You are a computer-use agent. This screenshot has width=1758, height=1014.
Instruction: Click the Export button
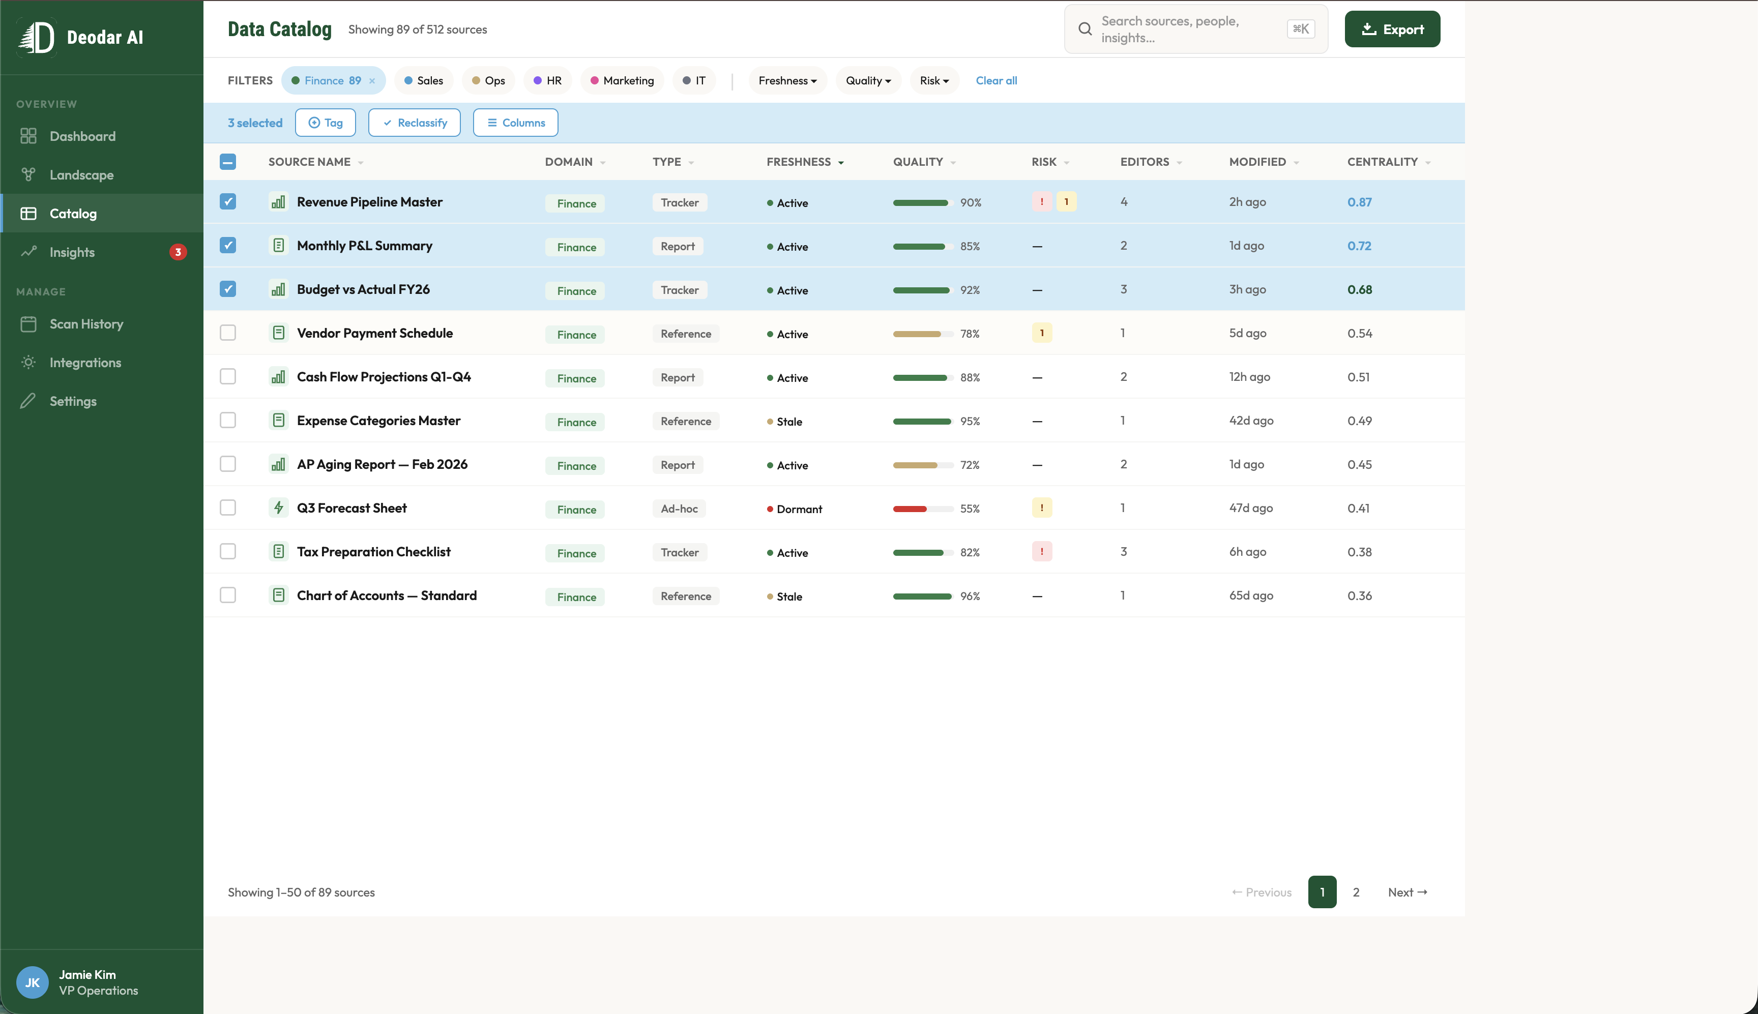(x=1392, y=29)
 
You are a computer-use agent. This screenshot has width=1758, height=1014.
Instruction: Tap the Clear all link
(x=996, y=81)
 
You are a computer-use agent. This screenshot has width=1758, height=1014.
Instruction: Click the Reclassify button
(x=415, y=123)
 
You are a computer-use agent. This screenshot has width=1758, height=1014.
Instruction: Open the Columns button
(x=515, y=123)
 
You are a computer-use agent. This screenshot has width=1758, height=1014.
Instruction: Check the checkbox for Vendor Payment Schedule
(x=228, y=333)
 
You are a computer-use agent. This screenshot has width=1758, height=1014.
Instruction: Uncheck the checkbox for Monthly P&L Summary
(x=228, y=245)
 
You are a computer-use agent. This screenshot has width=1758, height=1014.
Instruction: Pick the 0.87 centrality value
(x=1359, y=202)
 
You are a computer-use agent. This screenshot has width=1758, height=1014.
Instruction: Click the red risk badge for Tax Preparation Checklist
(x=1041, y=552)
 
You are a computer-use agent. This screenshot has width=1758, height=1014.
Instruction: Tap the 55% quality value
(x=970, y=509)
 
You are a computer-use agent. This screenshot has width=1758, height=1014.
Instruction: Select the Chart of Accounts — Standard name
(x=387, y=595)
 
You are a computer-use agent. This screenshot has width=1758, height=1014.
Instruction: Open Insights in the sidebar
(x=72, y=252)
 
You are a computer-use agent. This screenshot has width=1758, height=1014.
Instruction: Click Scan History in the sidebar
(x=86, y=324)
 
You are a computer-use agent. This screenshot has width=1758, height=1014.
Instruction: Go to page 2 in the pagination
(x=1356, y=892)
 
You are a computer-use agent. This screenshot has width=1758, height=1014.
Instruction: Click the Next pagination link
(x=1407, y=892)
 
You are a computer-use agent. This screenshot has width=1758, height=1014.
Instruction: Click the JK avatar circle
(x=32, y=982)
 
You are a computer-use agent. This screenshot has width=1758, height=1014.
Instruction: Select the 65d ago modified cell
(x=1251, y=595)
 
